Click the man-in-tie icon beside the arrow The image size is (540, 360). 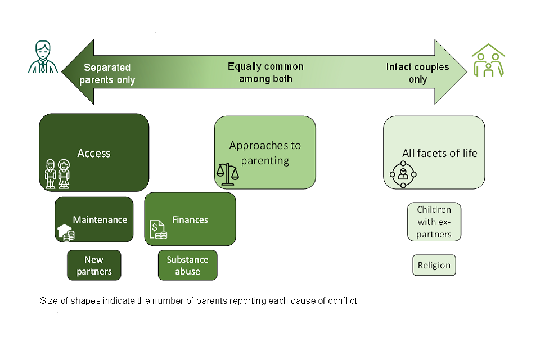point(43,57)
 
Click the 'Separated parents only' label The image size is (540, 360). point(107,74)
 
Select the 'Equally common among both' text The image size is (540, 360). point(265,73)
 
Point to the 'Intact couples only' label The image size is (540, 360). point(417,73)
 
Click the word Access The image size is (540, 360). point(94,153)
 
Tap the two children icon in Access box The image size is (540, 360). point(57,173)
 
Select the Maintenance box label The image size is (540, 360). point(100,219)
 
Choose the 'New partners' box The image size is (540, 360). point(94,265)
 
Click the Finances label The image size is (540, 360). point(190,219)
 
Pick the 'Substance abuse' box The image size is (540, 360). point(187,265)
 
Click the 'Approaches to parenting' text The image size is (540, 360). point(265,152)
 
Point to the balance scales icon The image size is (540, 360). point(228,174)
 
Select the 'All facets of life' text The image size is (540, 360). point(439,153)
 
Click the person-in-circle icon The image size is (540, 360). point(403,174)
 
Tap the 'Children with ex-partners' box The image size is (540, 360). point(434,222)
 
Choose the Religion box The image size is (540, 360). point(434,265)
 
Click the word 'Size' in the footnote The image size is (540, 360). point(49,300)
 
